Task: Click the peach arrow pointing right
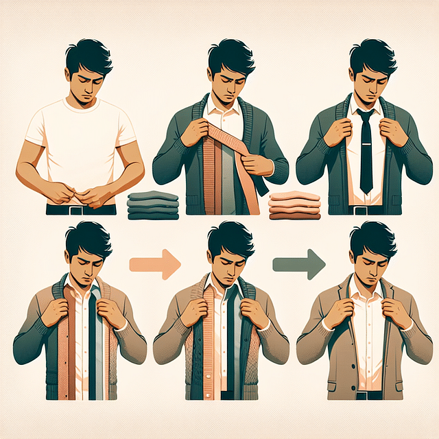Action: pyautogui.click(x=154, y=263)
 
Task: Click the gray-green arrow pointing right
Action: pyautogui.click(x=298, y=263)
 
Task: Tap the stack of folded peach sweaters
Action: pyautogui.click(x=294, y=205)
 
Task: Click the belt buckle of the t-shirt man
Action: pyautogui.click(x=76, y=209)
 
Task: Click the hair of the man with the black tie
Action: pyautogui.click(x=372, y=55)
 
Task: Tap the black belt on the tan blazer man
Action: pyautogui.click(x=369, y=395)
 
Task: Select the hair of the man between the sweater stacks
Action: pyautogui.click(x=230, y=55)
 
